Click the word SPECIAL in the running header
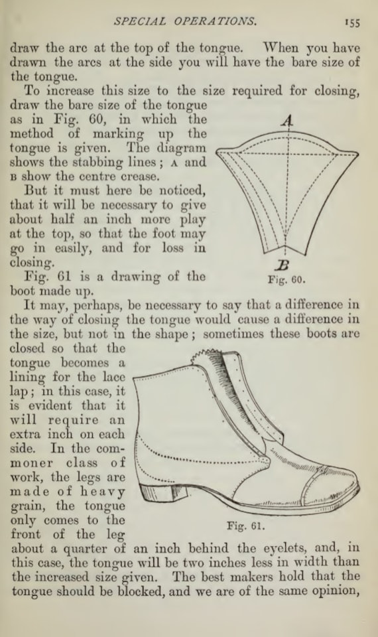(140, 21)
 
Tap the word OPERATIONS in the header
(215, 21)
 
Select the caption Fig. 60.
(286, 280)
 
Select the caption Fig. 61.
(246, 526)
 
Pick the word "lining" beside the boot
(28, 378)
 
